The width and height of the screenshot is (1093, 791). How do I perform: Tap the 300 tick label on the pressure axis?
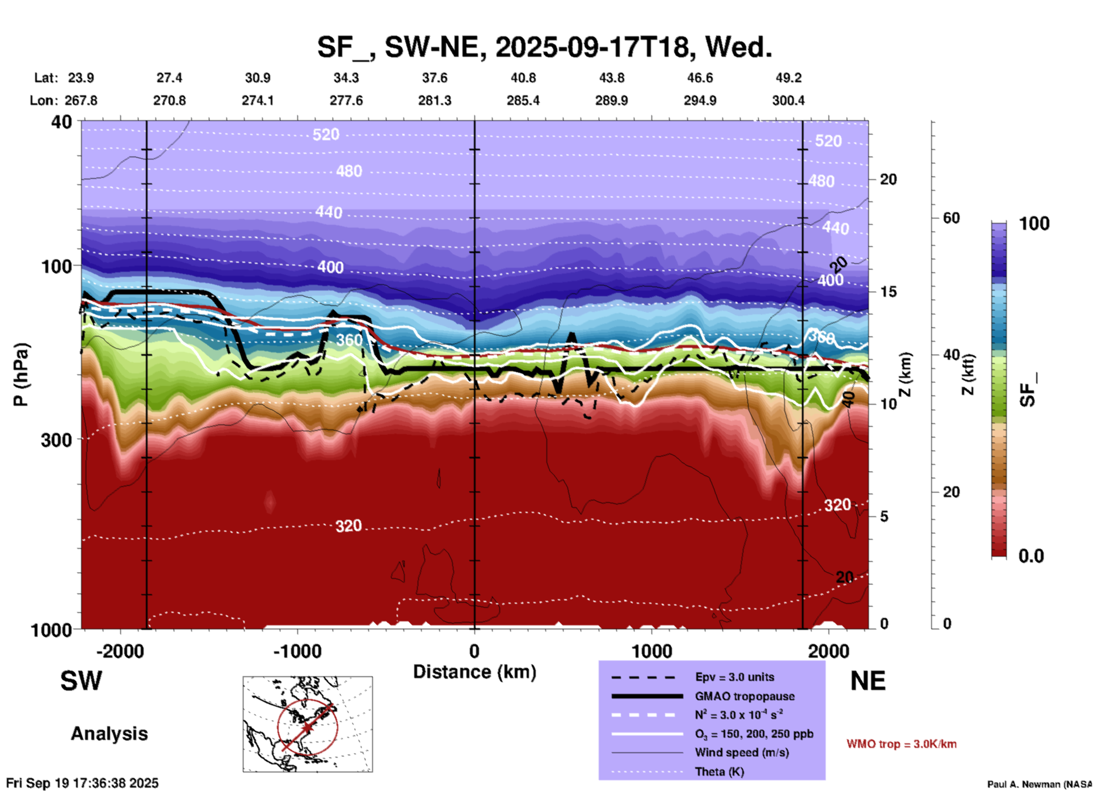(56, 440)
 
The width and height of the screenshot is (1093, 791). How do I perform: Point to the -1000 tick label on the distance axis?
(297, 651)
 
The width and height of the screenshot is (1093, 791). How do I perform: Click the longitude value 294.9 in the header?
(700, 101)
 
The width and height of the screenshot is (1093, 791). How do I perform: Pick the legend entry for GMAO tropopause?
(745, 696)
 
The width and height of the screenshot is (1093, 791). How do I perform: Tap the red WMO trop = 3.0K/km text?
(901, 744)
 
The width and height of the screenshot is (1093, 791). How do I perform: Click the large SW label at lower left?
(81, 680)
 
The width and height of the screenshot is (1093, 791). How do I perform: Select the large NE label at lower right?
(868, 680)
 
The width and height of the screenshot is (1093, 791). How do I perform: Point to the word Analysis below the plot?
(109, 734)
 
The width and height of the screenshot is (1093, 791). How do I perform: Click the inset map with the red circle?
(308, 723)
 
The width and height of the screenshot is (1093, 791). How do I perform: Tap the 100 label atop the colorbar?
(1034, 224)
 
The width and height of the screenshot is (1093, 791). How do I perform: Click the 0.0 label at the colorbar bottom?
(1031, 556)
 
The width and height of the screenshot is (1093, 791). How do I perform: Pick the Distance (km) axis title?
(474, 672)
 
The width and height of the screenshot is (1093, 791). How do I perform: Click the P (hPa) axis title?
(21, 375)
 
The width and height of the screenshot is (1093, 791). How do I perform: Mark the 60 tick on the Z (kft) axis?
(951, 218)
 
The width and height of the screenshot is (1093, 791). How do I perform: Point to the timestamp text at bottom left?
(83, 783)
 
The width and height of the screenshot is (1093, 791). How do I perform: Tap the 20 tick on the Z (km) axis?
(888, 180)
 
